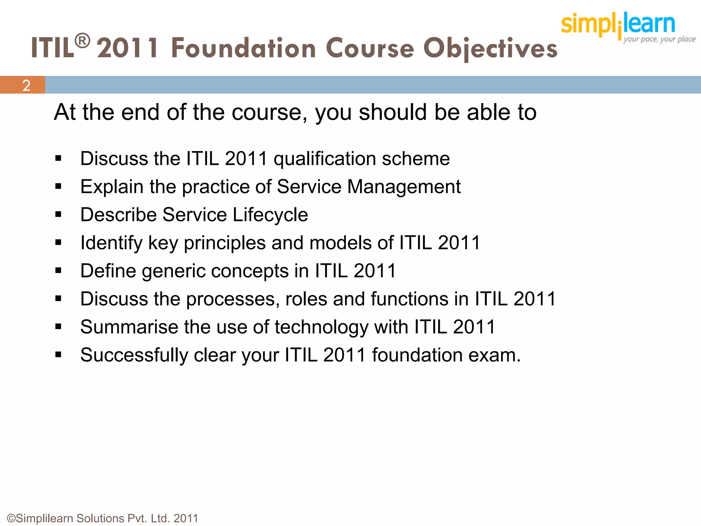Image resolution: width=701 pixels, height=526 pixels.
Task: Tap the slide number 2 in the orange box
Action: (x=26, y=85)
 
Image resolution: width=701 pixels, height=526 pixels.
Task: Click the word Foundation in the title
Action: (x=243, y=48)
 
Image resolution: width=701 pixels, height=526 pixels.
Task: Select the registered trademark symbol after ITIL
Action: (x=82, y=41)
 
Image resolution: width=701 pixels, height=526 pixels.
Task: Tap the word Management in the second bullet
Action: (x=404, y=187)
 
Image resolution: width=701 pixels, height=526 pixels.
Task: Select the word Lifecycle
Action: (x=270, y=215)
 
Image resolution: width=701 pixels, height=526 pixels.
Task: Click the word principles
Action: (x=225, y=243)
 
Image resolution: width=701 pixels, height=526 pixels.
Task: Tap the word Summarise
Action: (x=129, y=327)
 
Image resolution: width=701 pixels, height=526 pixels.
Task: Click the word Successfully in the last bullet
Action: (x=134, y=355)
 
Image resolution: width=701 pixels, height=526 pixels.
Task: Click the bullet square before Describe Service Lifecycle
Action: (x=58, y=215)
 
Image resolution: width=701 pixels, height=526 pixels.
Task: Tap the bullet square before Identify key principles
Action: (x=58, y=243)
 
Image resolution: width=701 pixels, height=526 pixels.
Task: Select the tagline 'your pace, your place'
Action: (x=659, y=39)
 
